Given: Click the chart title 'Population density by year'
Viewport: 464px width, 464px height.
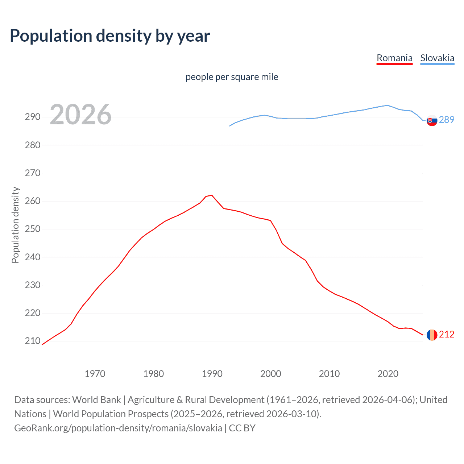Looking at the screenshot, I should (110, 36).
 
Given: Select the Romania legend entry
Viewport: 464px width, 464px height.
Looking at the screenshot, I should (394, 58).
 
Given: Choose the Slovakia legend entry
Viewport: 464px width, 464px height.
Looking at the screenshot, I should (437, 58).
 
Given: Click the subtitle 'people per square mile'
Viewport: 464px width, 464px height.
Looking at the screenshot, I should (232, 77).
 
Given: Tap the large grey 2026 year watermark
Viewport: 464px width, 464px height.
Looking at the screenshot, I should (80, 115).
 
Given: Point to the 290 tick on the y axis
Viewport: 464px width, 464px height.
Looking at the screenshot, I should (32, 117).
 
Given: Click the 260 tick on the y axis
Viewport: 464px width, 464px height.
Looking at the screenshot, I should (32, 201).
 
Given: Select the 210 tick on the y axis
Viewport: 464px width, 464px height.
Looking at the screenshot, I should (32, 341).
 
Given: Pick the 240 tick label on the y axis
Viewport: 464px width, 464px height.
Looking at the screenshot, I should (32, 257).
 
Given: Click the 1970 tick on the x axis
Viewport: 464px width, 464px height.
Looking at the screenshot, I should (95, 374).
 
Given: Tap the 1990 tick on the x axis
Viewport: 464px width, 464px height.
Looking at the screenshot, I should (212, 374).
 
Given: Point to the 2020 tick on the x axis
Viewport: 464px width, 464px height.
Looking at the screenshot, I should (388, 374).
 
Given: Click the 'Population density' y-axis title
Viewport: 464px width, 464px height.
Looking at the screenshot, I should (15, 225).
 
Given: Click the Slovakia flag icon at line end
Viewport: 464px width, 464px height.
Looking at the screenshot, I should (432, 120).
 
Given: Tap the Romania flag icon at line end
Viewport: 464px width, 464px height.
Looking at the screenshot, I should (432, 335).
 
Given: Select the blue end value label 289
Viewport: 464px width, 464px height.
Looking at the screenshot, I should (447, 120).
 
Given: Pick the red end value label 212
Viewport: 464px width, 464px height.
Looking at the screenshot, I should (447, 335).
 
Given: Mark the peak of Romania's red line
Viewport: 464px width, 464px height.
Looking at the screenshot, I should (212, 195).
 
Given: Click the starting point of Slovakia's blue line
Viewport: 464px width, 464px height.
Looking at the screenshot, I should (230, 126).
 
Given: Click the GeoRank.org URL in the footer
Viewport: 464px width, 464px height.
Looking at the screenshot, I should (118, 428).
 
